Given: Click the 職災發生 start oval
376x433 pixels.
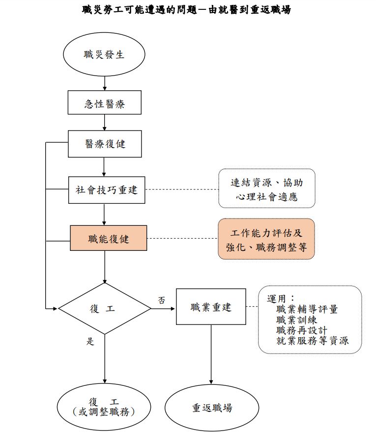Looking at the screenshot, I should coord(104,54).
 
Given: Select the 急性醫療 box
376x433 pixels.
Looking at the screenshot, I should coord(104,103).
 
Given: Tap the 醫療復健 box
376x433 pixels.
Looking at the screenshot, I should coord(104,143).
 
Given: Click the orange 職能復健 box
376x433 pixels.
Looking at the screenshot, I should coord(109,238).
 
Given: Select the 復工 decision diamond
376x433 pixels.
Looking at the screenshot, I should coord(104,309).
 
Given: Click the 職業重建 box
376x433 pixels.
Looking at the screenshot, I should coord(211,307).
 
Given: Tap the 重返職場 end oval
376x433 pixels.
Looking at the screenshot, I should coord(212,407).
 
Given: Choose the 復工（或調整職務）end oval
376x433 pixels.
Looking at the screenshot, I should coord(104,407).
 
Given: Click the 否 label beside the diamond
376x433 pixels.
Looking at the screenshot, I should coord(161,299).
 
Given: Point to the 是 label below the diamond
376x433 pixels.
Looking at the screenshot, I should coord(90,342).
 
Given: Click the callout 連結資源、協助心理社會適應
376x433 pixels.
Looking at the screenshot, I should coord(266,189).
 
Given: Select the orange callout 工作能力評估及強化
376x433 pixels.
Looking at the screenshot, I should coord(266,239).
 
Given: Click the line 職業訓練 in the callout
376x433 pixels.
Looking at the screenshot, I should coord(296,320).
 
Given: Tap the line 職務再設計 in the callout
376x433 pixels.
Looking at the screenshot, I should coord(301,330).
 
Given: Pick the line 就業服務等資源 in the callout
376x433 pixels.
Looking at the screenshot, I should coord(312,340).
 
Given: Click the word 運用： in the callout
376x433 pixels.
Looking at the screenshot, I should coord(281,298).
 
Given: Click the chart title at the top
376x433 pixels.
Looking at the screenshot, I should coord(186,9).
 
